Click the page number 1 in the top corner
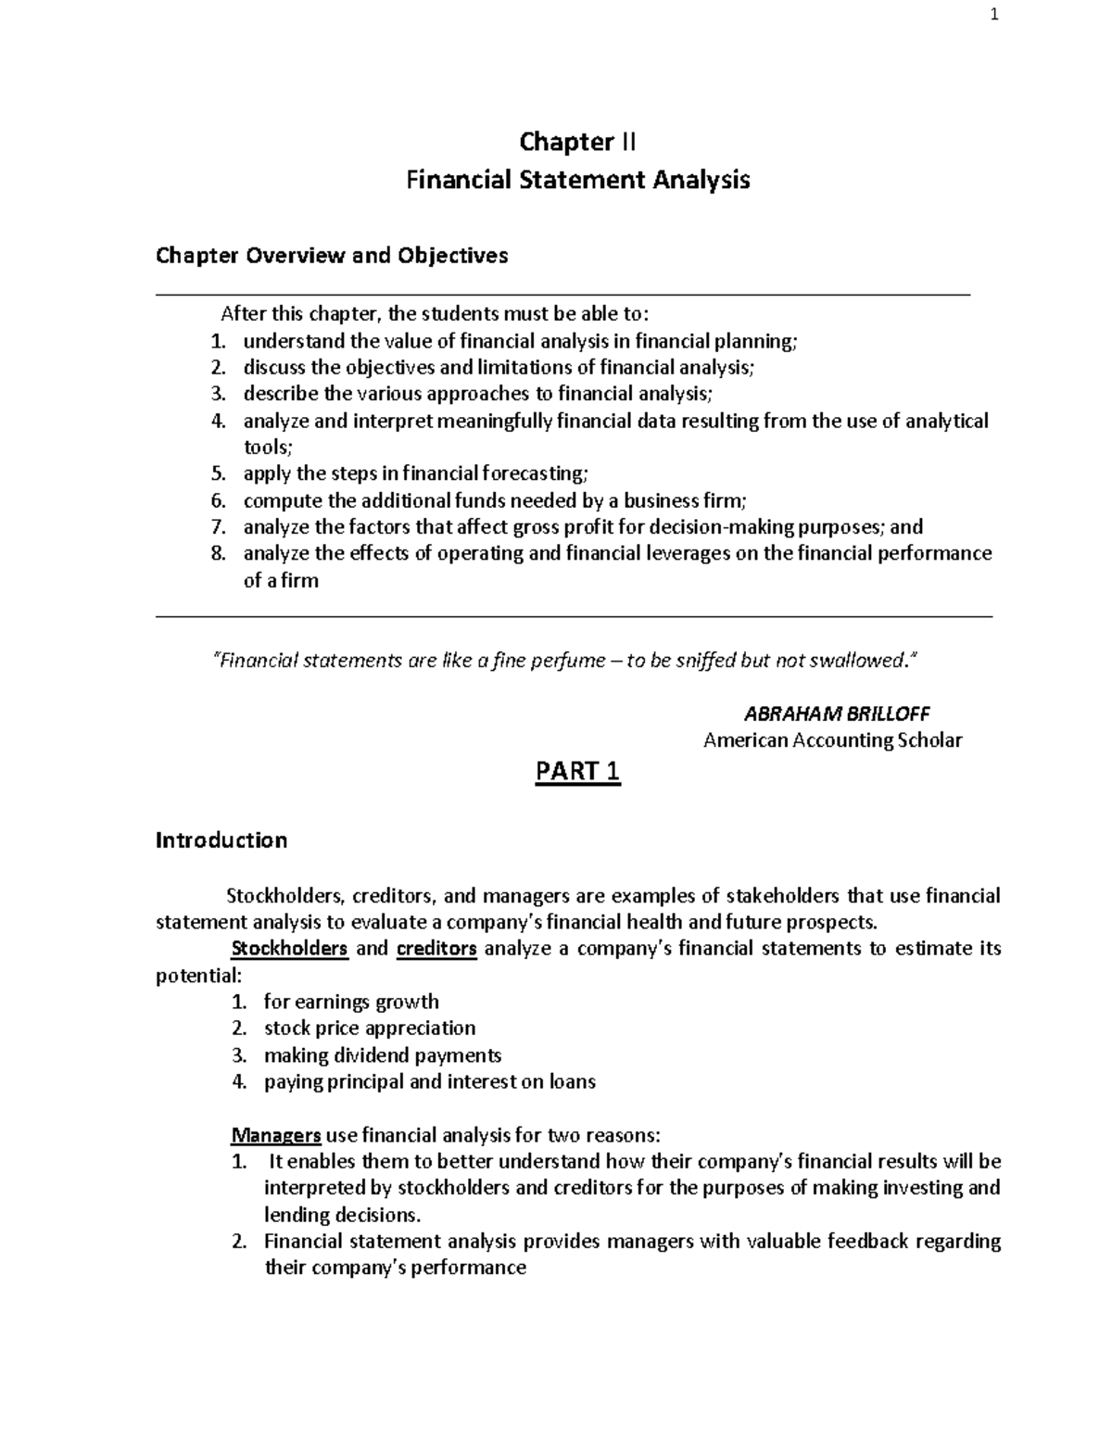994,15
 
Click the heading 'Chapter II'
577,142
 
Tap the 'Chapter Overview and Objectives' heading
332,255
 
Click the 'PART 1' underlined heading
577,772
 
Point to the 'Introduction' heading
221,840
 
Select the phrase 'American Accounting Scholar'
832,740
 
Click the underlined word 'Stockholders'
289,949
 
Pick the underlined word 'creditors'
436,949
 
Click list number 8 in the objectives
218,554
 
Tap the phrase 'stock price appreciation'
370,1029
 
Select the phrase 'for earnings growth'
351,1002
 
